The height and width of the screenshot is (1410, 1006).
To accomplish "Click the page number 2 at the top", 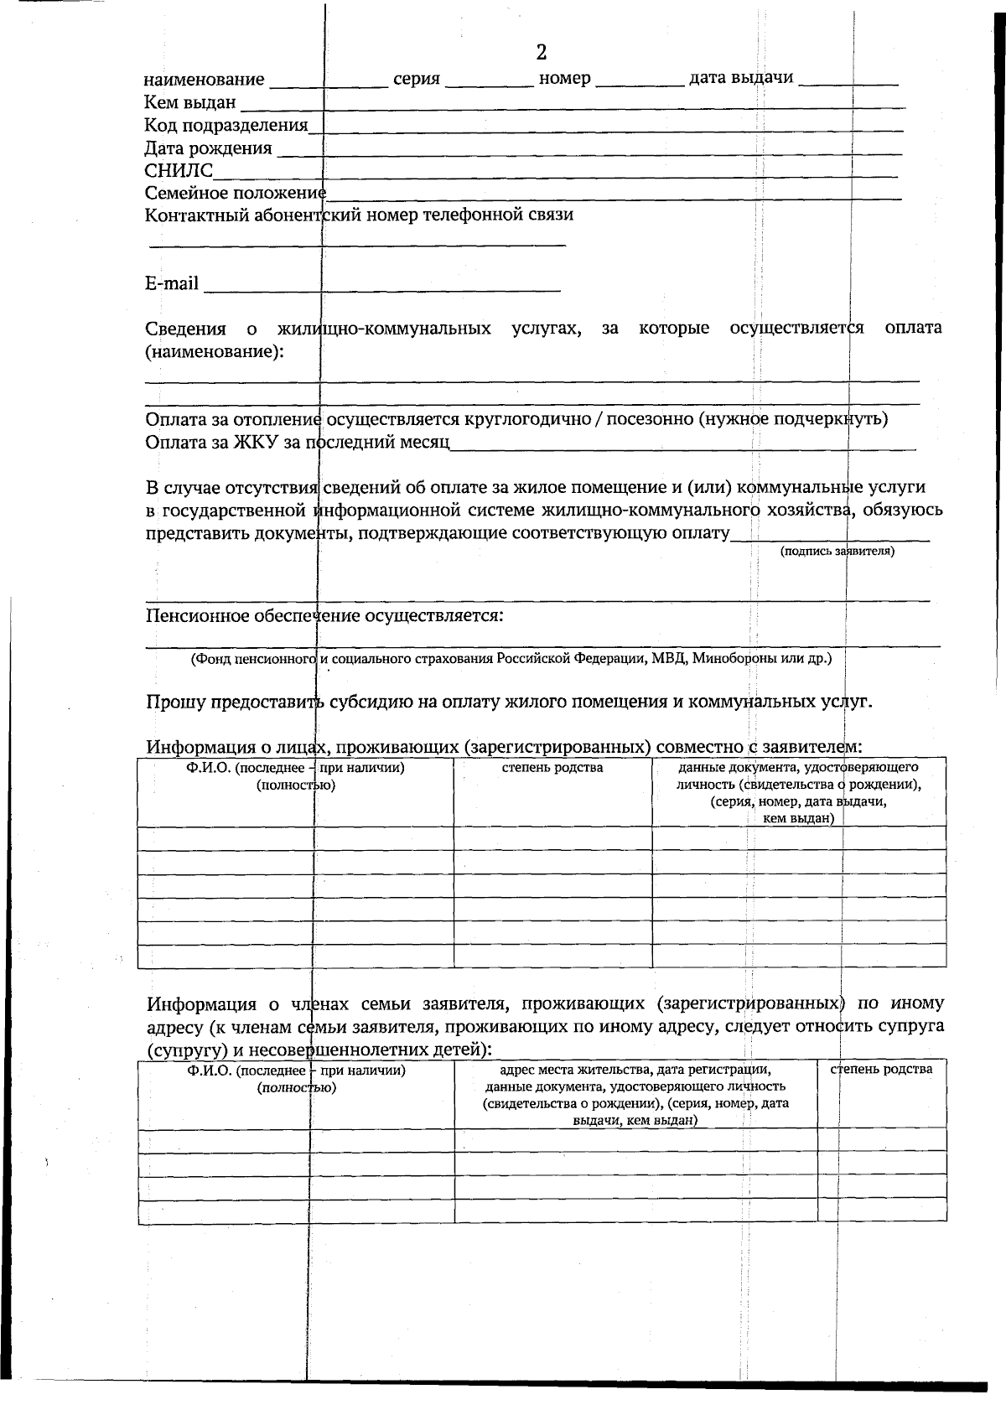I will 541,53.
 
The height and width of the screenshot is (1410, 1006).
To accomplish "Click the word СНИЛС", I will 179,171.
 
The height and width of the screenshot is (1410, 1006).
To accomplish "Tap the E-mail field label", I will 172,283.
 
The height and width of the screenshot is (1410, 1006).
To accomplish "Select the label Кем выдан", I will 189,102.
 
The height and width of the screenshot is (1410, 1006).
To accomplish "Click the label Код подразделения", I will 226,125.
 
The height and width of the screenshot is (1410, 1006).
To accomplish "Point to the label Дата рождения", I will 208,148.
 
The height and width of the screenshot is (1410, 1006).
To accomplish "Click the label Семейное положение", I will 235,193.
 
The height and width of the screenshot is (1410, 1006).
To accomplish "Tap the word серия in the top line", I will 417,79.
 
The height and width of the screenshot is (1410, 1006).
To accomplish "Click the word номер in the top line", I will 564,79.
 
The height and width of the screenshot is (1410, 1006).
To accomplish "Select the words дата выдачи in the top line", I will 741,78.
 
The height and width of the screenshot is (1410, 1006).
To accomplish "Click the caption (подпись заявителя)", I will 837,552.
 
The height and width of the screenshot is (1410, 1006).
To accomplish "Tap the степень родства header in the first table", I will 552,768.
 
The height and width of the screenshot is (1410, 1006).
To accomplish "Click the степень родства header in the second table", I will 882,1069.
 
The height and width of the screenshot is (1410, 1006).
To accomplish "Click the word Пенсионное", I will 198,616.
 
